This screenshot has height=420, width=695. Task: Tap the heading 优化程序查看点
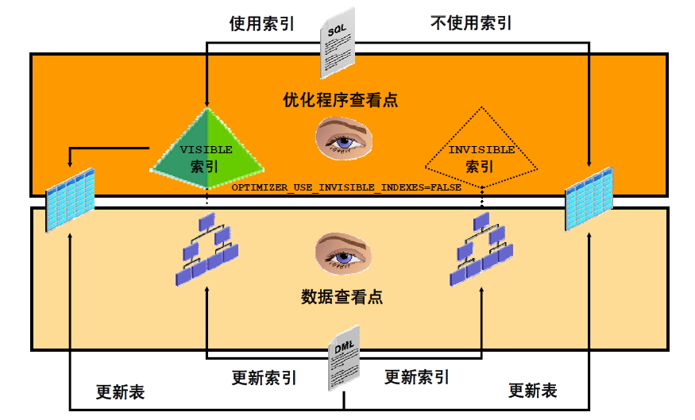point(341,100)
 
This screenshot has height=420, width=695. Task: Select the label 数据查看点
point(342,297)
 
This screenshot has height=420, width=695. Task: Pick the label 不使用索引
point(471,23)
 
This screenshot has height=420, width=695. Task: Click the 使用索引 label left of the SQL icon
point(262,24)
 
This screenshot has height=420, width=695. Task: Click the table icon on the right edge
point(589,197)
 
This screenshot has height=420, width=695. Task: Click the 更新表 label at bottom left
point(120,391)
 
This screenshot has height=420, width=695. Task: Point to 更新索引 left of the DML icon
point(264,377)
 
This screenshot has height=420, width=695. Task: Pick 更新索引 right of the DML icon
point(417,376)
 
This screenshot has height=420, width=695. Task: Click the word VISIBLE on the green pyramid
point(206,149)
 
